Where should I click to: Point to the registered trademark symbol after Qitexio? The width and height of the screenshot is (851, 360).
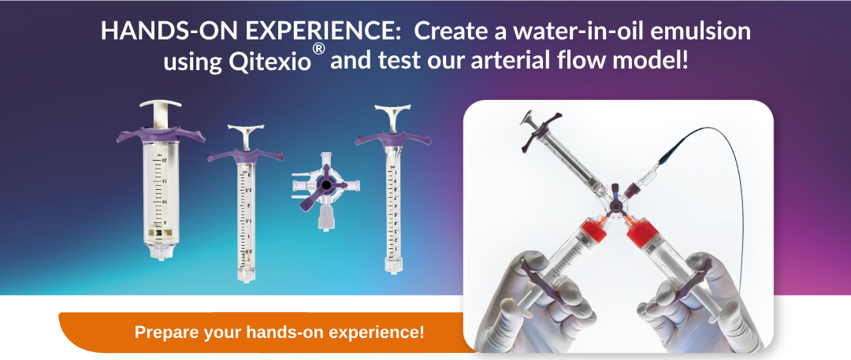319,50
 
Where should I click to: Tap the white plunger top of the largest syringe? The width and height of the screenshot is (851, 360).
160,104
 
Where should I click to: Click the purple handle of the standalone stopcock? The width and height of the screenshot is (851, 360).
322,187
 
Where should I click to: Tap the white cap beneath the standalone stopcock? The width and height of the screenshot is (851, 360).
326,220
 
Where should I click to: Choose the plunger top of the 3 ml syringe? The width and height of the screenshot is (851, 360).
245,129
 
